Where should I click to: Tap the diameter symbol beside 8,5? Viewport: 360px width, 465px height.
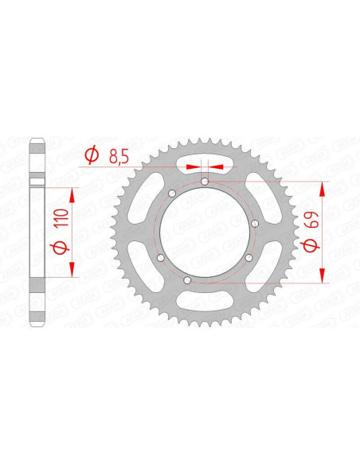(91, 154)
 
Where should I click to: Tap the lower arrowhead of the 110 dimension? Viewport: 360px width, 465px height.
(74, 271)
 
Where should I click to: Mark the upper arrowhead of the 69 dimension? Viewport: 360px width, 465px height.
(323, 186)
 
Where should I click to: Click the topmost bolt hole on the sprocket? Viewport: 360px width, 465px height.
(205, 181)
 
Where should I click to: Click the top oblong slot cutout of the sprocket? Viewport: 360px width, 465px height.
(205, 162)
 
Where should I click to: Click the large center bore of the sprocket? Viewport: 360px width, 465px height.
(205, 231)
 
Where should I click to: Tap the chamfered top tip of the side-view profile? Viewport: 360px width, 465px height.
(36, 143)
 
